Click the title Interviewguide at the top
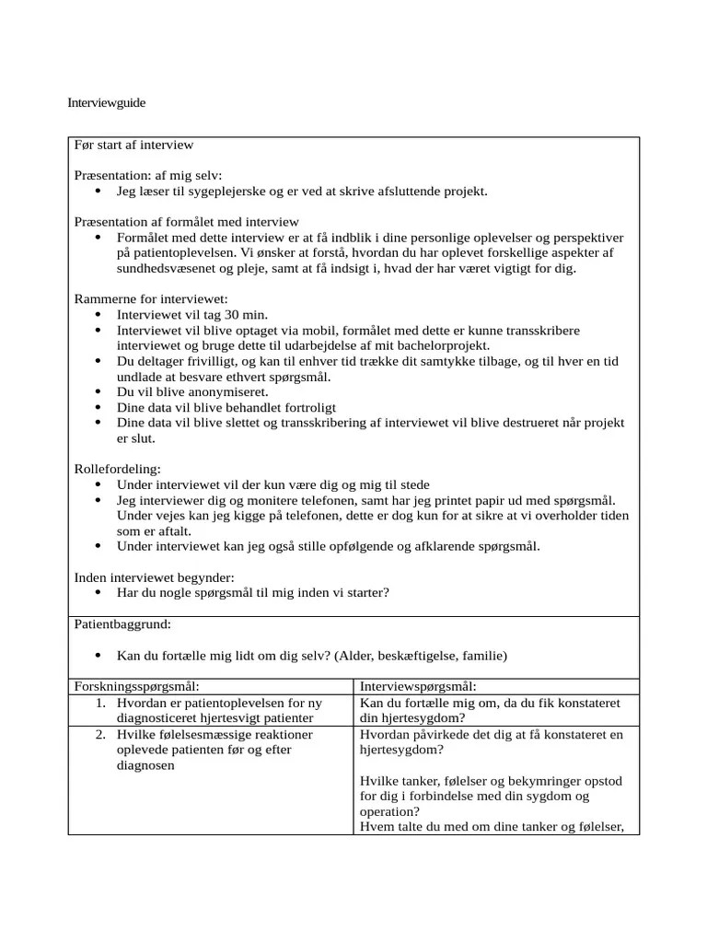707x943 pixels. [x=107, y=103]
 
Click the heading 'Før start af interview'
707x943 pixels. [x=133, y=146]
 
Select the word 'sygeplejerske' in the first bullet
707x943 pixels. [x=231, y=192]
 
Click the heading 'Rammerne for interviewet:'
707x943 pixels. [x=150, y=298]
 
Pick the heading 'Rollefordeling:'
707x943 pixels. [x=117, y=469]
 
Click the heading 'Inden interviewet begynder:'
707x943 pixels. [x=154, y=577]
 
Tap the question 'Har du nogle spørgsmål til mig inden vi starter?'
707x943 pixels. [x=252, y=593]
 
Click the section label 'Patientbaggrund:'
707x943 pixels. [x=122, y=624]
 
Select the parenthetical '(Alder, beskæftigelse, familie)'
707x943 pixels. [x=421, y=656]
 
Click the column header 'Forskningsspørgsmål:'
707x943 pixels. [x=137, y=687]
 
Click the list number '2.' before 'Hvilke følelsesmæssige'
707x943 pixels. [x=101, y=734]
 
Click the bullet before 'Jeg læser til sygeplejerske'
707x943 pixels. [x=99, y=192]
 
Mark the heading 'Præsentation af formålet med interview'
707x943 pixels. [x=186, y=221]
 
